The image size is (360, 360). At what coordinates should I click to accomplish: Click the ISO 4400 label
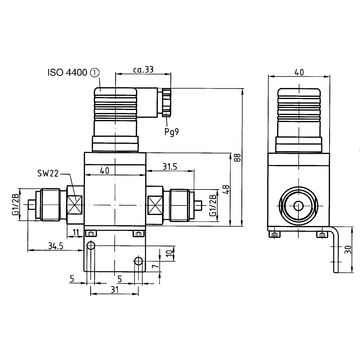tap(68, 73)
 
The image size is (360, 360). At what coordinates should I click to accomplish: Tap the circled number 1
tap(95, 73)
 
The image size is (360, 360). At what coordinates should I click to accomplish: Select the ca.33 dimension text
tap(143, 69)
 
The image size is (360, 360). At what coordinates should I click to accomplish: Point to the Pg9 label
tap(172, 131)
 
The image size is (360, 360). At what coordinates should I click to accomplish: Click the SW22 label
tap(49, 173)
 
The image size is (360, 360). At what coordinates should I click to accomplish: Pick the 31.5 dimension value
tap(170, 166)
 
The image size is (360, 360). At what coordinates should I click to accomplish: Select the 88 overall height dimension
tap(237, 157)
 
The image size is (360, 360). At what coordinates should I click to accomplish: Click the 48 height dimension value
tap(226, 189)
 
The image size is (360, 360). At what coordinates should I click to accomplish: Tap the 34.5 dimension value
tap(56, 246)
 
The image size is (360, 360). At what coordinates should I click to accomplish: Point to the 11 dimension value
tap(76, 232)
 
